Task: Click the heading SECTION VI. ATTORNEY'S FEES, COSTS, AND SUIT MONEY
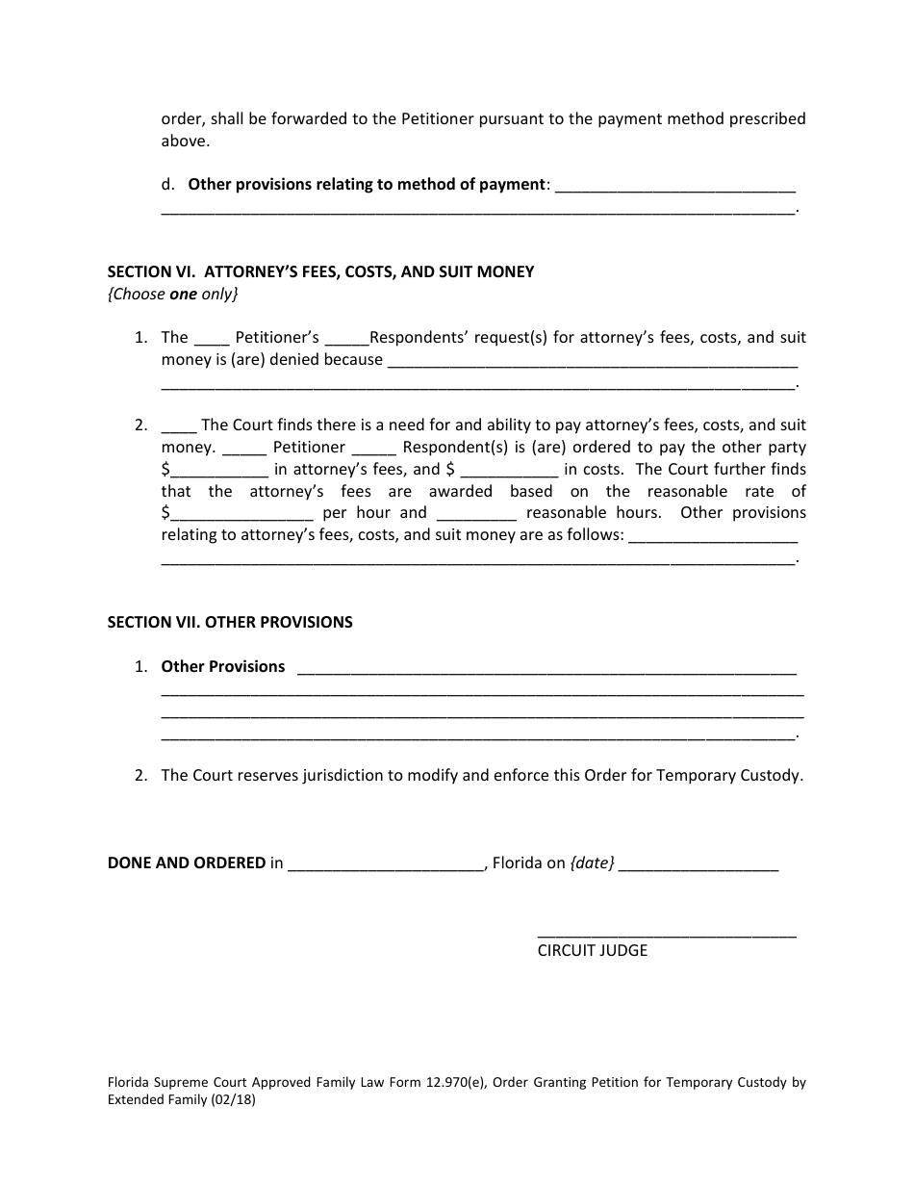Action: point(320,271)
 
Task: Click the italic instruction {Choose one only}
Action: point(172,294)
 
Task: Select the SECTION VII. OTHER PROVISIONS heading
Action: point(230,622)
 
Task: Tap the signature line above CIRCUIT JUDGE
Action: point(666,934)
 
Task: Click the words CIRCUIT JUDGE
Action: point(592,950)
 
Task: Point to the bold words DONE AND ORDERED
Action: point(186,862)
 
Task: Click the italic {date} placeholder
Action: point(592,863)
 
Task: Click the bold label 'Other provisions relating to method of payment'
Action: point(367,184)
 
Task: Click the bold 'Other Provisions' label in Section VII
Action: point(222,666)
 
